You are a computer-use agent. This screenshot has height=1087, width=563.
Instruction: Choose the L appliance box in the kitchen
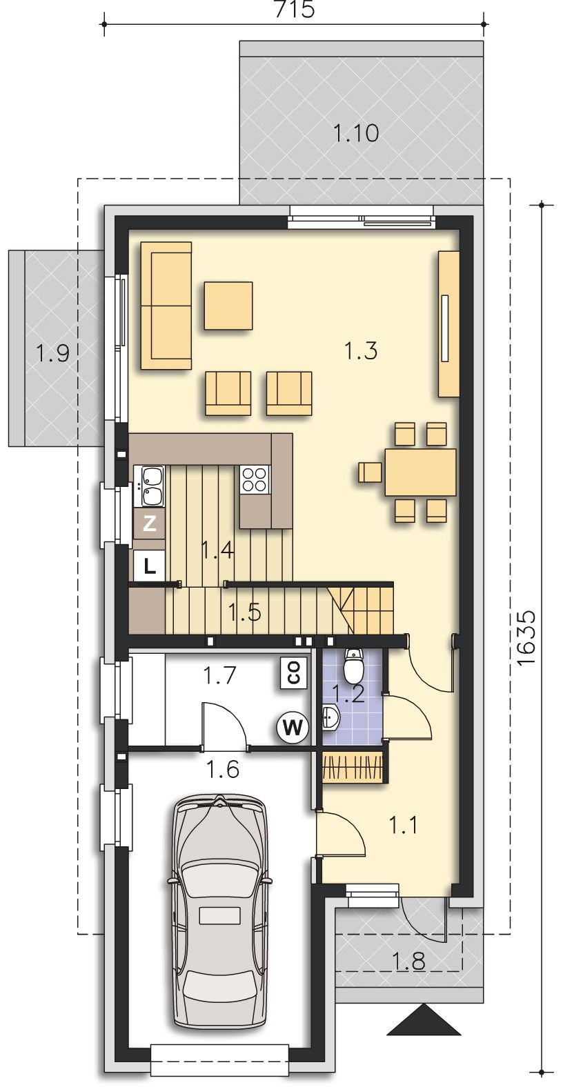click(150, 566)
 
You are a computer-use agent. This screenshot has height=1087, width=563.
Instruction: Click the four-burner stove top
click(254, 479)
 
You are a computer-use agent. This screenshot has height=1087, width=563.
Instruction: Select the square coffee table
click(228, 306)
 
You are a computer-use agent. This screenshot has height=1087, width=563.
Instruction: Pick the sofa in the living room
click(166, 306)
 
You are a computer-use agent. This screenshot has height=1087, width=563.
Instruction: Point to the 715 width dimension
click(295, 10)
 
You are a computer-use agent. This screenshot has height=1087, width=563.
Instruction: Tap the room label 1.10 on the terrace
click(356, 133)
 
